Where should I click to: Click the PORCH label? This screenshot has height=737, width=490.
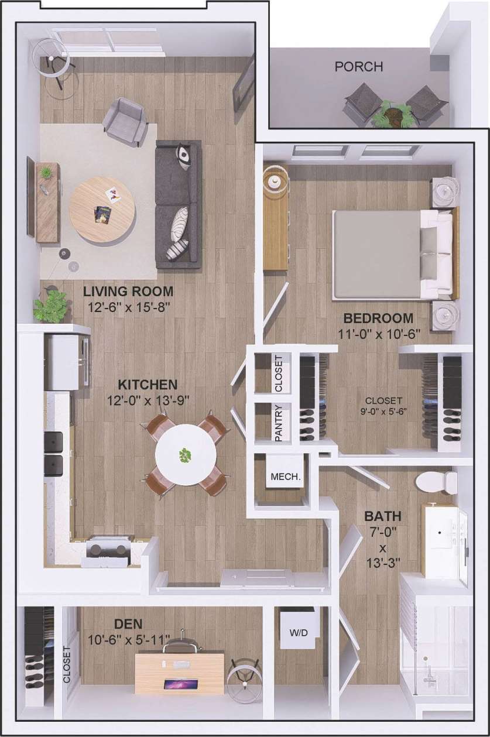[x=359, y=67]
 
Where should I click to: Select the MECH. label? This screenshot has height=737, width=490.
[x=285, y=477]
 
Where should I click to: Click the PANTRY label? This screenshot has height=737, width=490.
[x=279, y=423]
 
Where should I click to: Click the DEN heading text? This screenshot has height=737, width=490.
[x=129, y=623]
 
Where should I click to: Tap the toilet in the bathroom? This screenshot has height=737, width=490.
[x=436, y=482]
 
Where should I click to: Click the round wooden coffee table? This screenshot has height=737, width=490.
[x=102, y=210]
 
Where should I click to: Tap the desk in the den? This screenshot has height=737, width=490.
[x=179, y=673]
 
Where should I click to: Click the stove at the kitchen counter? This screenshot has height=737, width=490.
[x=107, y=552]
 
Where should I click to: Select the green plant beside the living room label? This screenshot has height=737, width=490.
[x=52, y=306]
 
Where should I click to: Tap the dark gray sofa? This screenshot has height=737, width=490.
[x=178, y=204]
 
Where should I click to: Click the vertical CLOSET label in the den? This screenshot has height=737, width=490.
[x=67, y=664]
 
